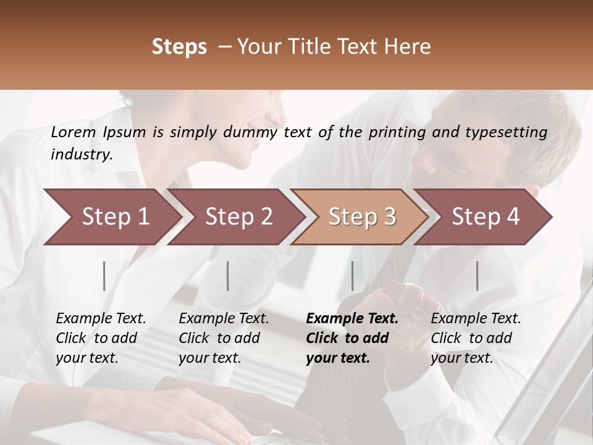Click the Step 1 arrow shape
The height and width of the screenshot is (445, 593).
(114, 217)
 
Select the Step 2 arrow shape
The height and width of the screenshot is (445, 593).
(238, 217)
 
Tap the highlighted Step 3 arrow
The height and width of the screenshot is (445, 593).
(361, 217)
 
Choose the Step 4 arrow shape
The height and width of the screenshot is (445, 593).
(485, 217)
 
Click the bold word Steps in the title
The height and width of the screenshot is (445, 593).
(179, 47)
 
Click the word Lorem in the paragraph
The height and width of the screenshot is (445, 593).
(74, 132)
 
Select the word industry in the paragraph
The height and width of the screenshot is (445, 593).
(81, 155)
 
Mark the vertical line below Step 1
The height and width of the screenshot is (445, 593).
(104, 276)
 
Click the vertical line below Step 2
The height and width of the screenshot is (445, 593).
(227, 276)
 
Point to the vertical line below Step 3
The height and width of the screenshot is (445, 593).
(352, 276)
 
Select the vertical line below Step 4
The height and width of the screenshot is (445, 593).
(477, 276)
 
